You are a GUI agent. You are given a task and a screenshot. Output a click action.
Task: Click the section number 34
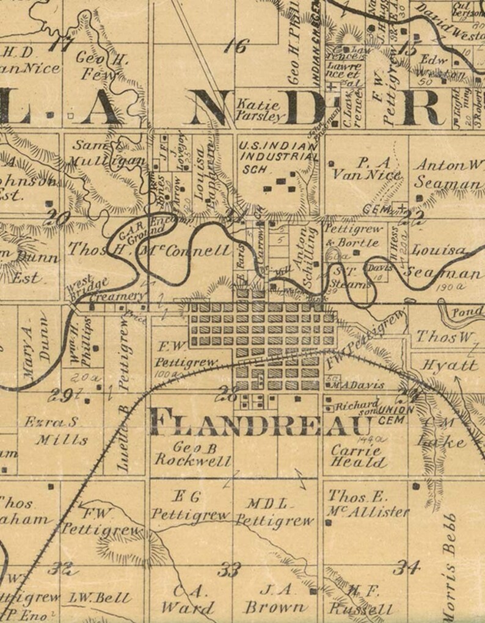tap(406, 567)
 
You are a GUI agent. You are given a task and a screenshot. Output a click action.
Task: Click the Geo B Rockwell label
tap(193, 453)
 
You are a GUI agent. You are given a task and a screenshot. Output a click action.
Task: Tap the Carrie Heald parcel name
tap(359, 456)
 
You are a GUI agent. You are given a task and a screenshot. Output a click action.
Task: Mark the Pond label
tap(467, 312)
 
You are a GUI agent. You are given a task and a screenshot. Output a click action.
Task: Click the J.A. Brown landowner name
tap(275, 599)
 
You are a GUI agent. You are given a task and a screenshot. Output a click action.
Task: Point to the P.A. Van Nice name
tap(365, 169)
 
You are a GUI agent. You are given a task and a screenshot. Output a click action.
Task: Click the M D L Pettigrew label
tap(274, 513)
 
